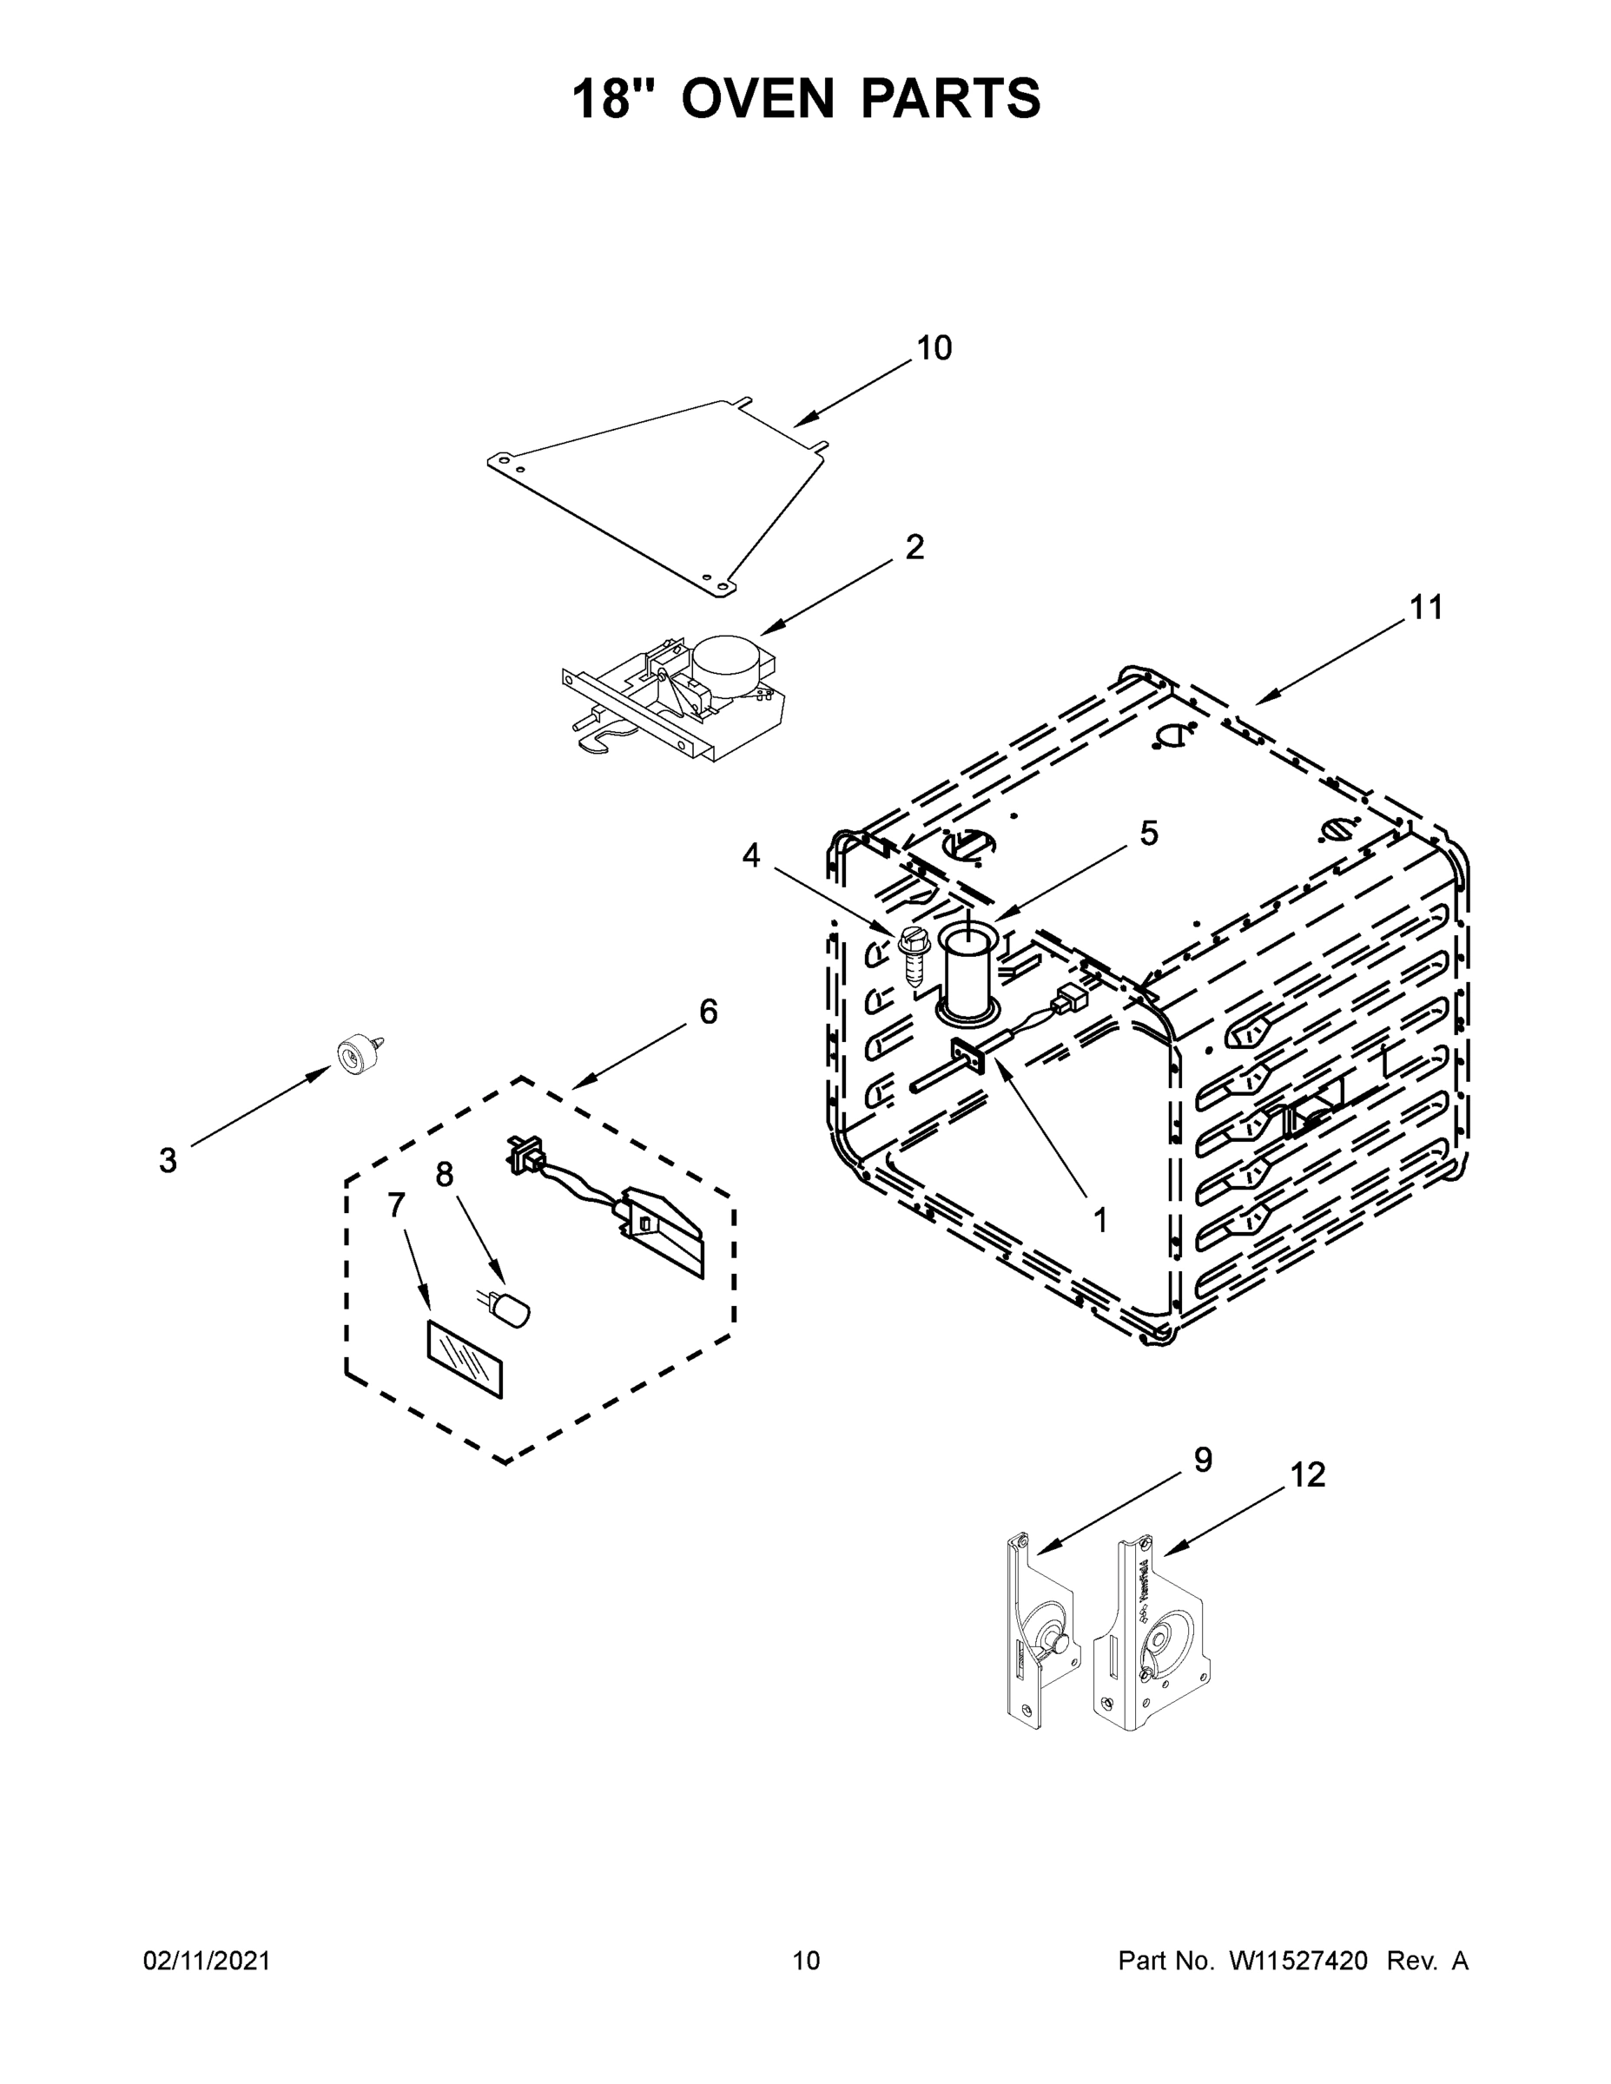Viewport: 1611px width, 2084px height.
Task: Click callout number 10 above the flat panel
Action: click(934, 349)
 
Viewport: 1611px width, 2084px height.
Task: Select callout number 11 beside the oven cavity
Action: click(1426, 608)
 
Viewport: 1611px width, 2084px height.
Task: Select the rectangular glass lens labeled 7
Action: click(464, 1359)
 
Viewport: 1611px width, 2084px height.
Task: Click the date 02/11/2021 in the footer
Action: click(207, 1961)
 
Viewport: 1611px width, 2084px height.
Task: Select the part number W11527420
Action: click(1298, 1961)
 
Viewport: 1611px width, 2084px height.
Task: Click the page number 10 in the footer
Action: click(806, 1961)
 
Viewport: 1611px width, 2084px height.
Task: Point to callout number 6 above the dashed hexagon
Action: click(707, 1012)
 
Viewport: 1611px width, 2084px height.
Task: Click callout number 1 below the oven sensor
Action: click(1099, 1219)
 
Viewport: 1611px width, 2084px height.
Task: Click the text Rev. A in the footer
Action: click(1427, 1961)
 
